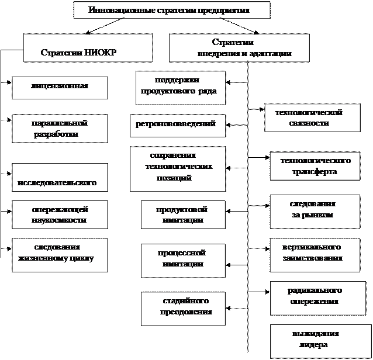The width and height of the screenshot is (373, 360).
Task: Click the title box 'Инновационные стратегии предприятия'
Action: (x=172, y=11)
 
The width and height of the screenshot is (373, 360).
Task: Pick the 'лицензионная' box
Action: (x=60, y=86)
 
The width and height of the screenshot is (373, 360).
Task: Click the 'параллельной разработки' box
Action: (x=60, y=129)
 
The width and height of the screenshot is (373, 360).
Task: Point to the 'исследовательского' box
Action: (x=60, y=177)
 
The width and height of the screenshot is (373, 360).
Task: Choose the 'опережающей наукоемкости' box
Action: (x=60, y=215)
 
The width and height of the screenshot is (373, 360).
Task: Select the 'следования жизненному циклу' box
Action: (x=60, y=255)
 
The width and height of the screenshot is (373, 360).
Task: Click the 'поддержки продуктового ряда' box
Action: (x=180, y=87)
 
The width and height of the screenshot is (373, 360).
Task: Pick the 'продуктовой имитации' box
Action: (x=182, y=215)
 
